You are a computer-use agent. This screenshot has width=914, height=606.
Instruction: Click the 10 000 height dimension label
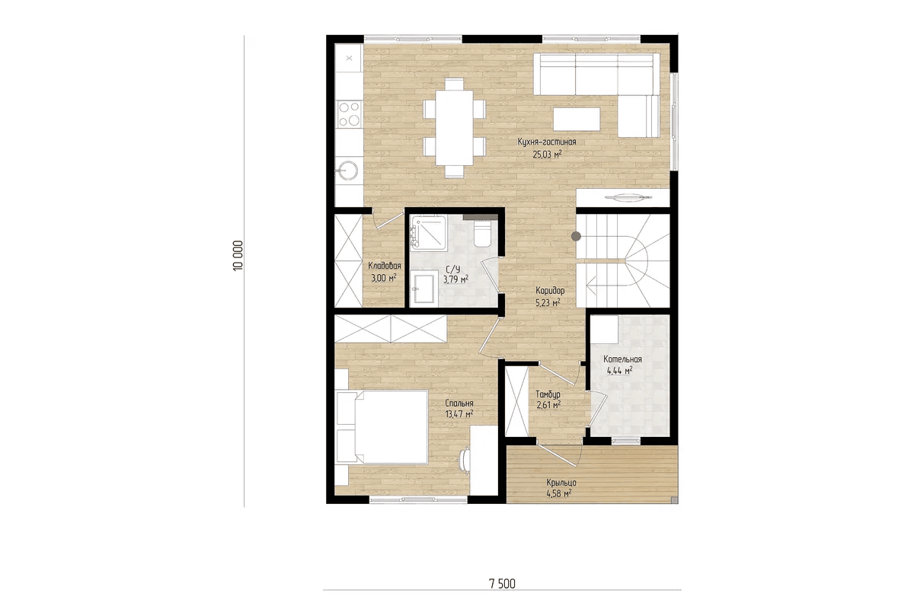(238, 256)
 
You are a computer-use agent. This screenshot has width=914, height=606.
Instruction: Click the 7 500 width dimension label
(502, 584)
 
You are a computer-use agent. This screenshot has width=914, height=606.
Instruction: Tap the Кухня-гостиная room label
(547, 142)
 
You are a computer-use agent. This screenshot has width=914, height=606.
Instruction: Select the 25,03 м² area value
(547, 154)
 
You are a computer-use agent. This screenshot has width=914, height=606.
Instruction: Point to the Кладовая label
(385, 266)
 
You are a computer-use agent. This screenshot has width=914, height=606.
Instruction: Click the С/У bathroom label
(453, 270)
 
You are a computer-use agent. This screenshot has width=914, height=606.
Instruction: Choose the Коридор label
(550, 290)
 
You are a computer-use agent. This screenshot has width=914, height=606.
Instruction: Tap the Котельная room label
(623, 359)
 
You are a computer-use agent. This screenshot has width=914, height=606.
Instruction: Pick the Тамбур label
(548, 394)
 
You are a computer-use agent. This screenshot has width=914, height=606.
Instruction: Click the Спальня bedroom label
(459, 403)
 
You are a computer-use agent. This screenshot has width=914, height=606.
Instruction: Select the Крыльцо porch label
(561, 483)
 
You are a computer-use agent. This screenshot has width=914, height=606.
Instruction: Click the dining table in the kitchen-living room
(454, 127)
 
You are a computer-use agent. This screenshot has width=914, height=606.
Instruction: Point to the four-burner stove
(350, 114)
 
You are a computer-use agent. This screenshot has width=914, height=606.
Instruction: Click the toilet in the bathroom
(482, 234)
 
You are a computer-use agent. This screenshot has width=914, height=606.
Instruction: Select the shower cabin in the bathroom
(428, 233)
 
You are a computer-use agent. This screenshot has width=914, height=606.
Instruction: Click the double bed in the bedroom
(381, 427)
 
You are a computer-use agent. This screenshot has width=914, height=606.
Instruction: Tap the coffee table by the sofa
(577, 119)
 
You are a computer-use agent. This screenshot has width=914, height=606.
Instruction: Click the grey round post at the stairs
(576, 236)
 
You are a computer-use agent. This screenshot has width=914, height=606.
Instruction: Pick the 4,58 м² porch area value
(558, 494)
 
